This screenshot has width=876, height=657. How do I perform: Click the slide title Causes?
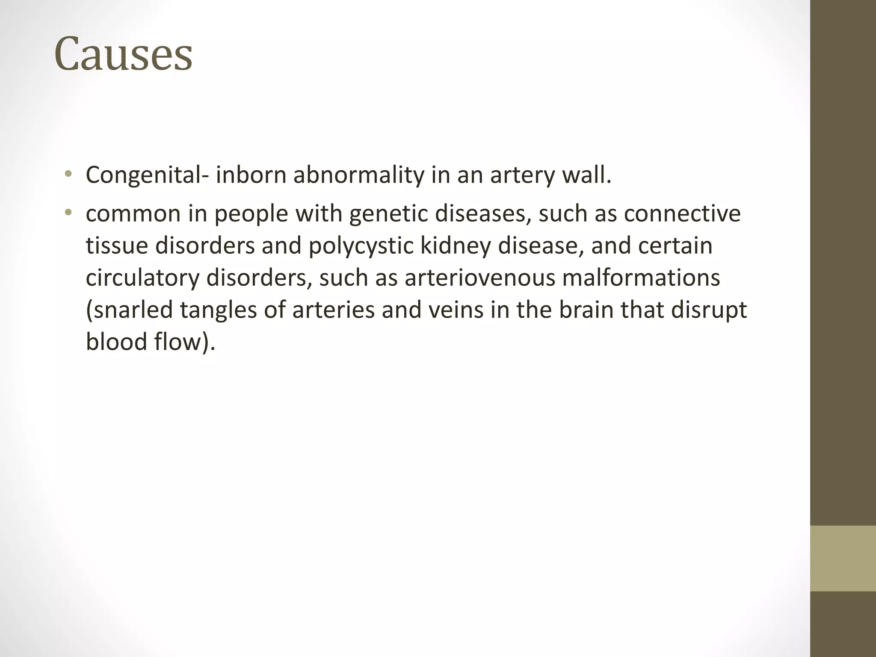point(123,54)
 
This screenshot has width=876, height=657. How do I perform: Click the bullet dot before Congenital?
point(68,174)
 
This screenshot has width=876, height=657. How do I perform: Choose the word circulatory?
point(142,278)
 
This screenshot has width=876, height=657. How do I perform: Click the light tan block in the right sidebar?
point(843,559)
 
